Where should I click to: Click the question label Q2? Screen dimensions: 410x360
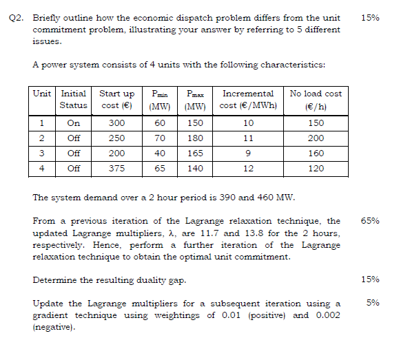17,17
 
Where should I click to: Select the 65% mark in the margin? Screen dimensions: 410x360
370,222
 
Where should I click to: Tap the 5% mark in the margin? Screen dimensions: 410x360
373,302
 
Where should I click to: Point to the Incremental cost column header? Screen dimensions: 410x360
248,99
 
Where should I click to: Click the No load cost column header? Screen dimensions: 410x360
316,99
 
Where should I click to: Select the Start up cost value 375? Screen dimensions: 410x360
117,167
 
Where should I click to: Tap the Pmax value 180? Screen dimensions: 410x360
195,138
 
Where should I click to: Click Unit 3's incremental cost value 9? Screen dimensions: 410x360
248,153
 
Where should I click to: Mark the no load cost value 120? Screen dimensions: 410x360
316,167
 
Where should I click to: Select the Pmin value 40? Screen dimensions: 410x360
160,153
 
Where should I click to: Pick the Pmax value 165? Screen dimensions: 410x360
195,153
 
